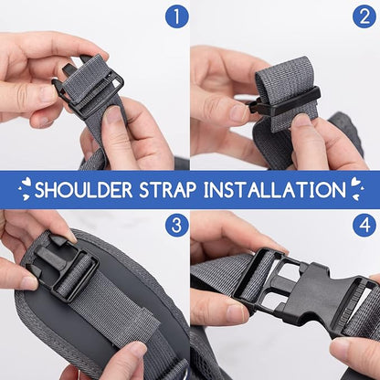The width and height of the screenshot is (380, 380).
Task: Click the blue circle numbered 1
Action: pos(177,16)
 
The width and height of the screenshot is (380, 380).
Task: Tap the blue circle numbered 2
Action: pos(364,16)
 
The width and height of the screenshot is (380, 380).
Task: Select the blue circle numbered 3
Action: pos(177,226)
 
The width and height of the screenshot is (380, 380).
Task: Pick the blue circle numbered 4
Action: pos(364,226)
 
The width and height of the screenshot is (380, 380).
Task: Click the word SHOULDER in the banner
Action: pos(83,189)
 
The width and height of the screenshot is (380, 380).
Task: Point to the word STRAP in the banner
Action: pos(167,189)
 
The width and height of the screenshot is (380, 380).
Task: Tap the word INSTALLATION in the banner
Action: pos(275,189)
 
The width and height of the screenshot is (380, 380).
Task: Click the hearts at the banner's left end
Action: pos(26,189)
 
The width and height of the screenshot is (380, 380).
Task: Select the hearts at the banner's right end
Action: pos(356,189)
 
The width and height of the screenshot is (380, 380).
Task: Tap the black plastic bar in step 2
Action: pos(285,102)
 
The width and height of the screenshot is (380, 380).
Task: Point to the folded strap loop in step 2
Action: pos(286,91)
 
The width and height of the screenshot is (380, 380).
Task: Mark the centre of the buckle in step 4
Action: pos(304,290)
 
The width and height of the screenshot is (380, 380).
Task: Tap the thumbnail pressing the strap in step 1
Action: pos(112,117)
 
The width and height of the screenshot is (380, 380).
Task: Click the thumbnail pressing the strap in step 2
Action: pos(301,121)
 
